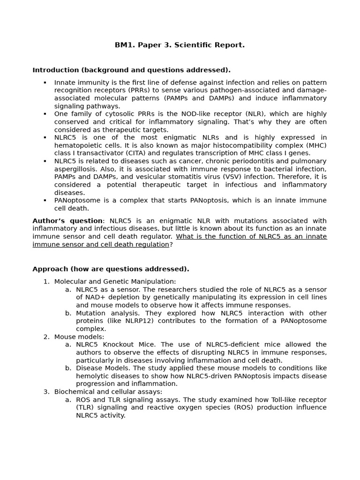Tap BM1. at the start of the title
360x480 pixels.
(124, 45)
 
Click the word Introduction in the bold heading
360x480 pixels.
(55, 70)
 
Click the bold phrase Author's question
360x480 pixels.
(67, 221)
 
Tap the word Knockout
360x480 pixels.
(117, 345)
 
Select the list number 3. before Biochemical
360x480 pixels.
(46, 392)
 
